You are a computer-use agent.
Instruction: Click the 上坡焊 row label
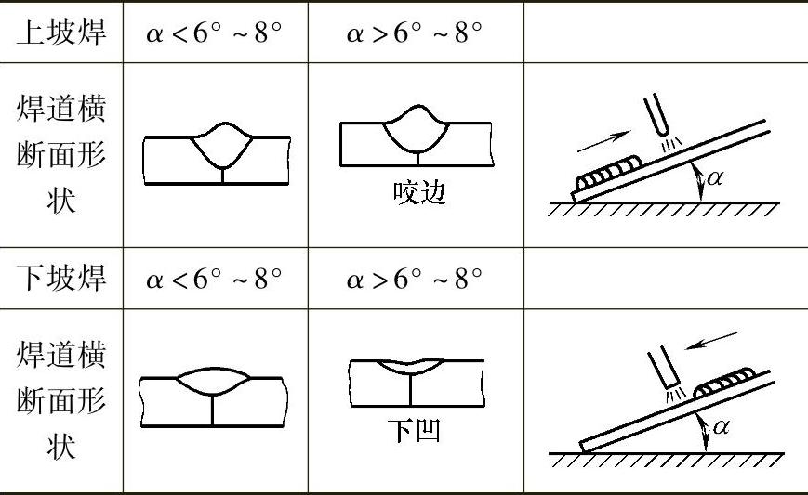click(x=61, y=33)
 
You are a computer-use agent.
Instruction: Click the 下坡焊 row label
click(x=61, y=278)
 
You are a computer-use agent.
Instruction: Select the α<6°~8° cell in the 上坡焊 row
click(x=214, y=33)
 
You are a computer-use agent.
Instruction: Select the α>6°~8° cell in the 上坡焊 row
click(x=415, y=33)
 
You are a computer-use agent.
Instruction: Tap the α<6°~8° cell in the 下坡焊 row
click(x=214, y=278)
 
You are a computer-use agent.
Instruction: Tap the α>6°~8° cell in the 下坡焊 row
click(x=415, y=278)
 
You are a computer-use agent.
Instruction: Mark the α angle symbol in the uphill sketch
click(x=714, y=178)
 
